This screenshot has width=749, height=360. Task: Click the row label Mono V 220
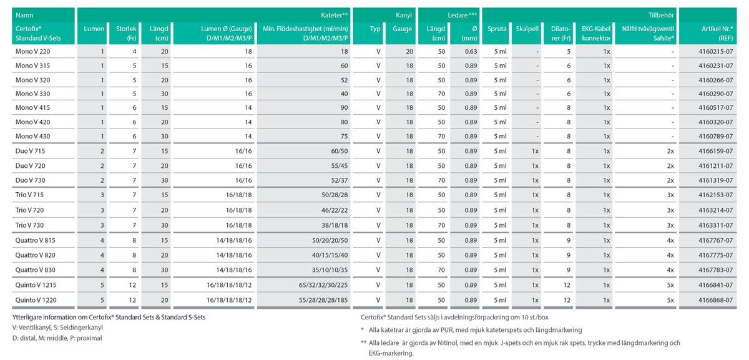32,52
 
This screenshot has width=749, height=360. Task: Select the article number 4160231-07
715,66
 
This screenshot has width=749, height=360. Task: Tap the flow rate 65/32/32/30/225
323,285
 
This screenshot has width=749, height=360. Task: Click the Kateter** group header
334,16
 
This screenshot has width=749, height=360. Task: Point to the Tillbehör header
661,16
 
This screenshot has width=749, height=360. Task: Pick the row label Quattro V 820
35,255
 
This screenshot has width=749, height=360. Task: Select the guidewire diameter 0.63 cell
471,52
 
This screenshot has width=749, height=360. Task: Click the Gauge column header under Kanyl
402,29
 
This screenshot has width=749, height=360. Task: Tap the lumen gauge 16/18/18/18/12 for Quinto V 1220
229,300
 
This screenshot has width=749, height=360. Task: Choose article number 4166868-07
715,300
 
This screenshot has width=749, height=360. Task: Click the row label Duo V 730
30,180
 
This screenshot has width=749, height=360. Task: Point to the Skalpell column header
527,29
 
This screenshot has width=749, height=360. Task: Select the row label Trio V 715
29,195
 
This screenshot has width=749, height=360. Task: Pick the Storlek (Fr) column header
126,34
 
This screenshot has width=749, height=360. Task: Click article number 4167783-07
715,270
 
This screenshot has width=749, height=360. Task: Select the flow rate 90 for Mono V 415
344,108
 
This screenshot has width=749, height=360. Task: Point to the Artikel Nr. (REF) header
717,34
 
